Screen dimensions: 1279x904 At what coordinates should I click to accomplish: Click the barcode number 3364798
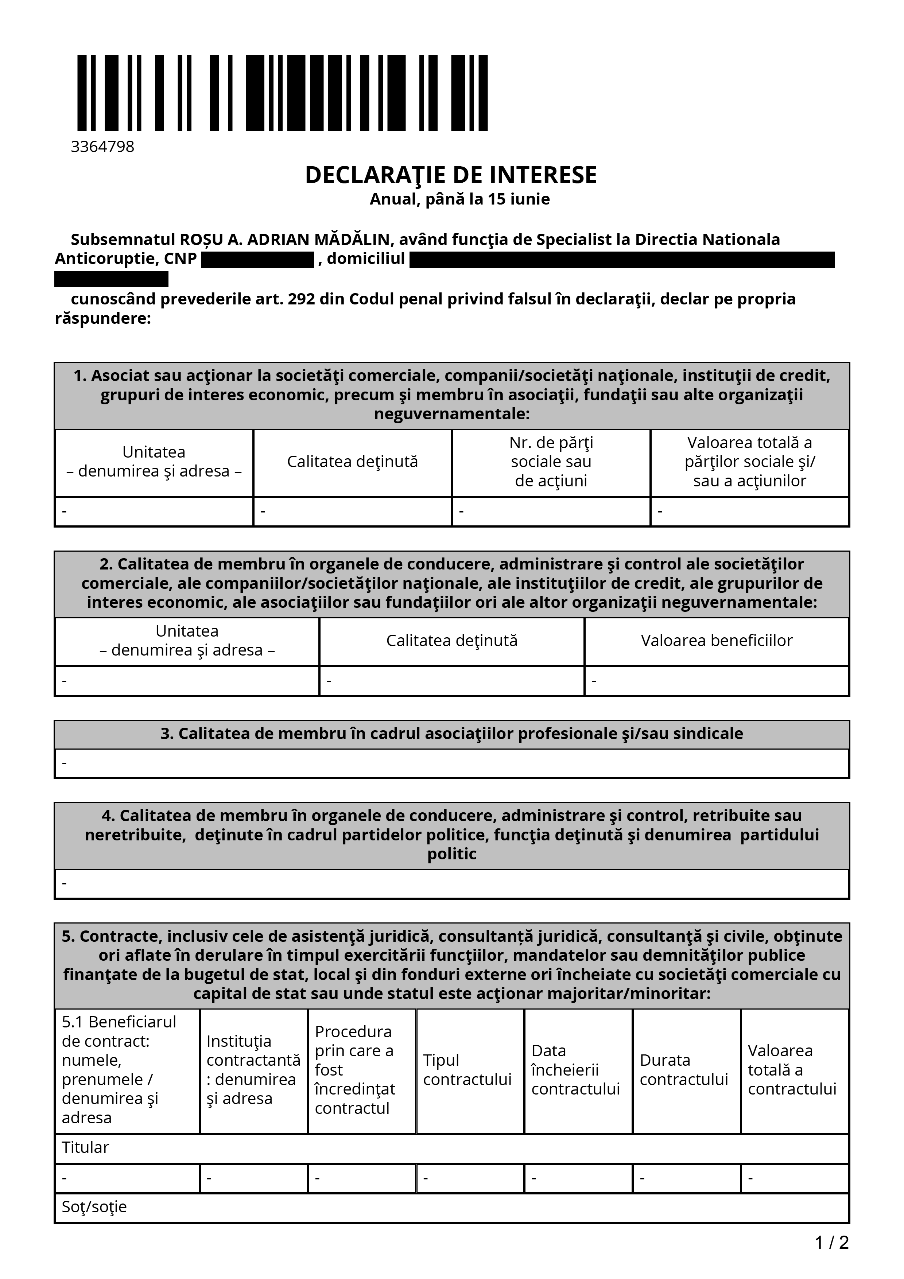click(x=102, y=147)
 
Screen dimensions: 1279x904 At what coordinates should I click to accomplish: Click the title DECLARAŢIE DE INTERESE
click(x=451, y=175)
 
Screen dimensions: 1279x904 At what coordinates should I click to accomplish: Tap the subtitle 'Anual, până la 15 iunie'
click(x=459, y=199)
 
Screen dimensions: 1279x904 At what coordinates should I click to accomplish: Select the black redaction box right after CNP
click(x=257, y=260)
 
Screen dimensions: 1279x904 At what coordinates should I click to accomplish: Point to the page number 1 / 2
click(x=831, y=1242)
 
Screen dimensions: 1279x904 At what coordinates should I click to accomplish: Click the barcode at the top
click(x=282, y=93)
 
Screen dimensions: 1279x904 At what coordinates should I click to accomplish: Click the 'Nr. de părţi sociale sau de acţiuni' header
click(x=551, y=462)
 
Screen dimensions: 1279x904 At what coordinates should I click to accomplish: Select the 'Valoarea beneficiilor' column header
click(x=716, y=641)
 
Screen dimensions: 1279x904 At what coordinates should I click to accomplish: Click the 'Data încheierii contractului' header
click(x=575, y=1070)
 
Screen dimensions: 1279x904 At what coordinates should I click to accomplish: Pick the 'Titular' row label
click(x=85, y=1147)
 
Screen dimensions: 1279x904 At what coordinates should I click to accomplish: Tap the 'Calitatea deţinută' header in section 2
click(x=452, y=641)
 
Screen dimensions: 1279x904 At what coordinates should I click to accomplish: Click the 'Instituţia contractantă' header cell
click(x=253, y=1070)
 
